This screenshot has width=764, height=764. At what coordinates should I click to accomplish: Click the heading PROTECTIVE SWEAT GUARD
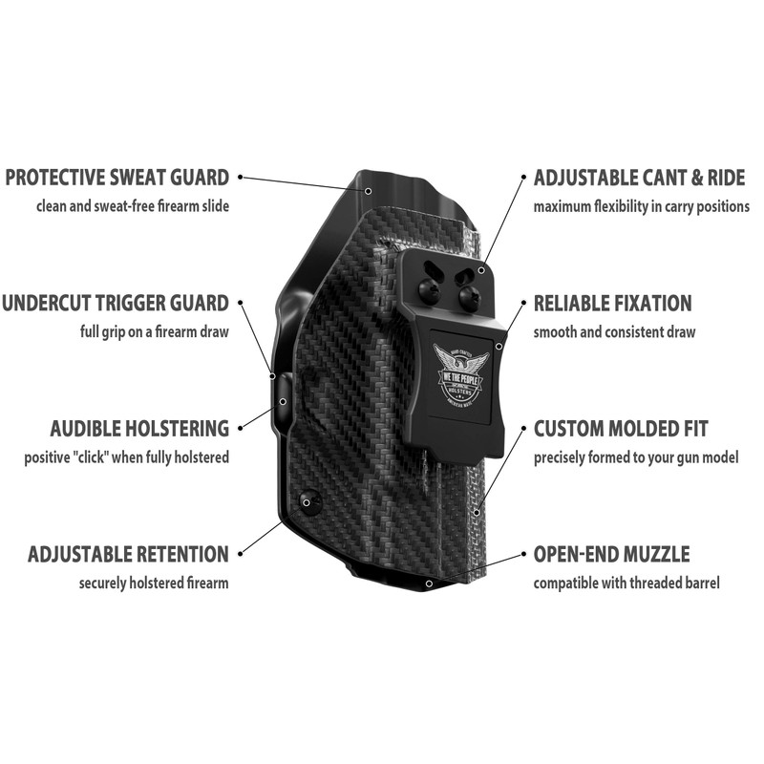click(117, 177)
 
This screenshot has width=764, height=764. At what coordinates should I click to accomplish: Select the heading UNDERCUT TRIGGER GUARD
click(115, 304)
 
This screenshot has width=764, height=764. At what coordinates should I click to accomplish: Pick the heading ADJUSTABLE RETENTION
click(128, 554)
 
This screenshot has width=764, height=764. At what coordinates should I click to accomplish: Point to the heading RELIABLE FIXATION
click(612, 304)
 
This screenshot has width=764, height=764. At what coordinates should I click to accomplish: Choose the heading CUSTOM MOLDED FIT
click(620, 429)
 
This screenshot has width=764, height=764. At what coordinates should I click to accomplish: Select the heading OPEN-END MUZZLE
click(611, 554)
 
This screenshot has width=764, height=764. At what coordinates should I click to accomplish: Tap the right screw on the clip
click(468, 296)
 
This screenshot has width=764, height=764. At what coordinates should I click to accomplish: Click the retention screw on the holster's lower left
click(308, 499)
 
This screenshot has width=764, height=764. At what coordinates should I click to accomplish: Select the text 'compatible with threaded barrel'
click(626, 583)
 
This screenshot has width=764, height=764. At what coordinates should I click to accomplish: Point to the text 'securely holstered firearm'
click(154, 583)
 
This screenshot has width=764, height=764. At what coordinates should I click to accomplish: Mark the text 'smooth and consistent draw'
click(614, 332)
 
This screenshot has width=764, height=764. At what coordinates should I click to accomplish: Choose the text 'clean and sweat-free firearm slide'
click(132, 205)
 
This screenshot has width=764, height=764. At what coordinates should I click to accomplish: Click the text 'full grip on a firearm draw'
click(154, 332)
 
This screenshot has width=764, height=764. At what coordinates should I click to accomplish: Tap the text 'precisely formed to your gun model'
click(636, 457)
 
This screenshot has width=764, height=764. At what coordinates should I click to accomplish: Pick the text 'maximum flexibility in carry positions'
click(641, 205)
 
